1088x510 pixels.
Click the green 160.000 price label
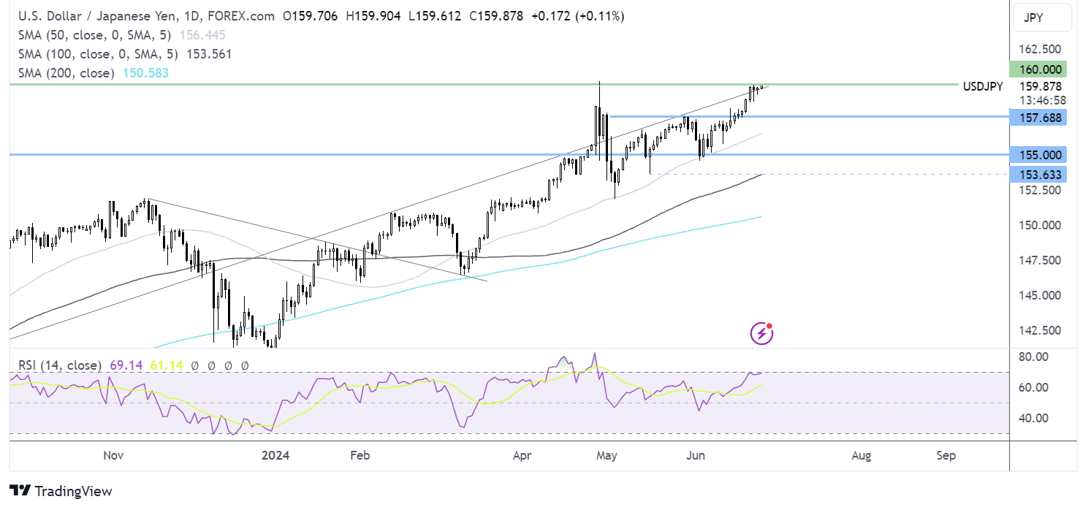tap(1038, 69)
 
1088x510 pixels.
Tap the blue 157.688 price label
tap(1038, 117)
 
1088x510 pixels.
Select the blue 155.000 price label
tap(1038, 155)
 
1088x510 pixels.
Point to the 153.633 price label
tap(1038, 174)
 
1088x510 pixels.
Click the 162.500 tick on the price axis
tap(1041, 49)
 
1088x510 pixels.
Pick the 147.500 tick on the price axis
tap(1041, 260)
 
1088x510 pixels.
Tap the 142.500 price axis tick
tap(1041, 330)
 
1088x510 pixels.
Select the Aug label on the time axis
tap(861, 456)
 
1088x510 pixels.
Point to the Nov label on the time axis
tap(113, 456)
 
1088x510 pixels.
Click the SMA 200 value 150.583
tap(145, 73)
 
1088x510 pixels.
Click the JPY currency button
tap(1042, 18)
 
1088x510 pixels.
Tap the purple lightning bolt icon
tap(762, 334)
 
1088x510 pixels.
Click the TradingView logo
tap(61, 491)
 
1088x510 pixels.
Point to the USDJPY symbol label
tap(983, 85)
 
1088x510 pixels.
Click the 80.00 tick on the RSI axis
tap(1034, 357)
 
